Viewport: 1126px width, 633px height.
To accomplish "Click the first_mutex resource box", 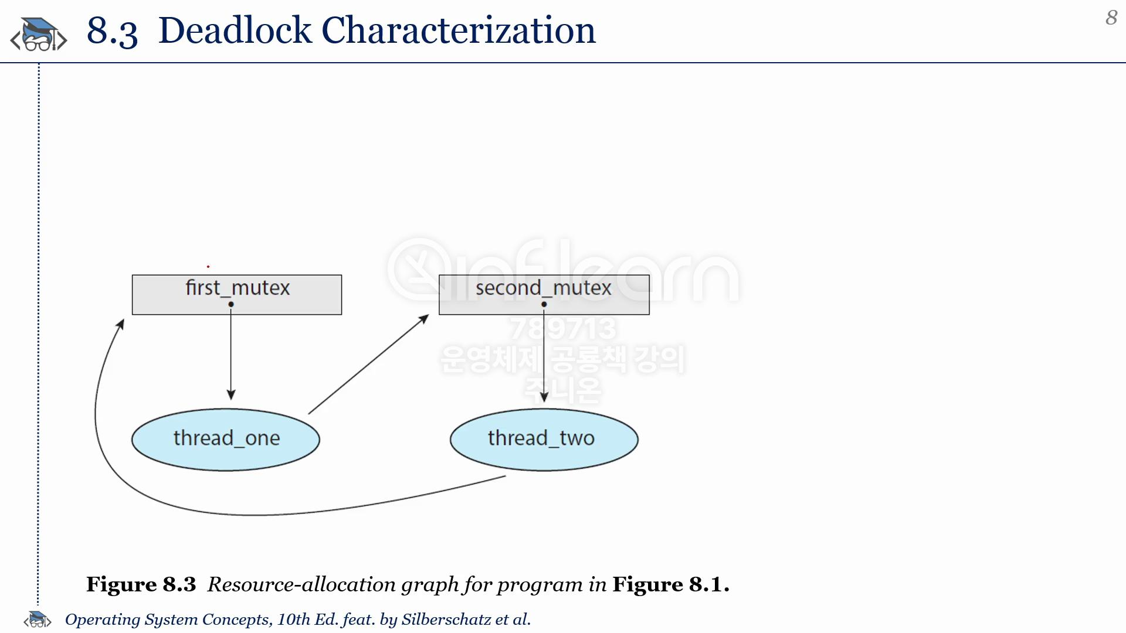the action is [x=237, y=295].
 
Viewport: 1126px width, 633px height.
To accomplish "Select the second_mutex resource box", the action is [x=544, y=295].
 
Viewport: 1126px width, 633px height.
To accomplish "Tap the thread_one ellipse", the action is [x=226, y=440].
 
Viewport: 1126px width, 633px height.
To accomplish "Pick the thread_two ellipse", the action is [x=544, y=440].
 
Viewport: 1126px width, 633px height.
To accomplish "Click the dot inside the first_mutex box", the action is [x=231, y=304].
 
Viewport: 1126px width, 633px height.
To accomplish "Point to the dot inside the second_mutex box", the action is [x=544, y=304].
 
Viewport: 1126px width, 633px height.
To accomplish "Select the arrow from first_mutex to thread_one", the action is [x=231, y=352].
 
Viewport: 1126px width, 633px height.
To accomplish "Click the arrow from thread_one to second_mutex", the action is [x=369, y=364].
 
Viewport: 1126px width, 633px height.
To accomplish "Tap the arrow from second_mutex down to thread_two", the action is [x=544, y=353].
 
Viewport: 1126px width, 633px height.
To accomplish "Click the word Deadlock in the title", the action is [x=235, y=30].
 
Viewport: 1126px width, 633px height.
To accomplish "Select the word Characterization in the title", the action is [x=459, y=30].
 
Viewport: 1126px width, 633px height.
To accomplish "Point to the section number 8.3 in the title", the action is [x=112, y=31].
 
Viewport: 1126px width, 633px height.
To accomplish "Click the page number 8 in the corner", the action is [x=1111, y=18].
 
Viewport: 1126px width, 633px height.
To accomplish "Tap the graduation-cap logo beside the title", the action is [x=39, y=34].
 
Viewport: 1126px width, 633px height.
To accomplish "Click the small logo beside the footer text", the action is [x=38, y=619].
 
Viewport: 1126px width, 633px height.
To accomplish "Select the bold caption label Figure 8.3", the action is [x=141, y=584].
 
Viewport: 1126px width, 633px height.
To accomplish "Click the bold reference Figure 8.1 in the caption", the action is [x=671, y=584].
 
